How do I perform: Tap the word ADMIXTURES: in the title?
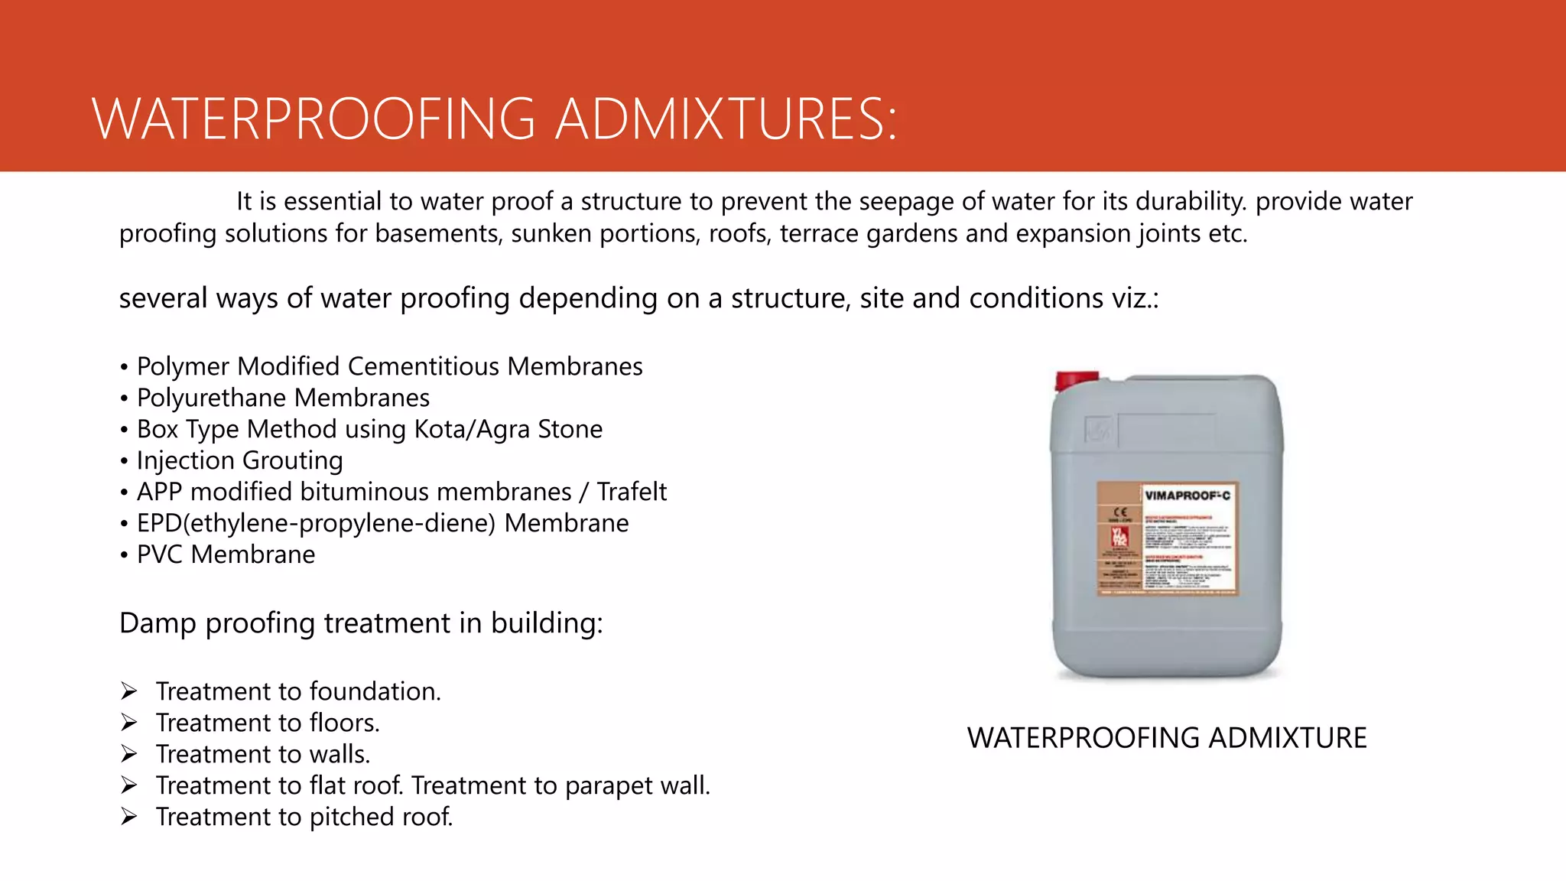tap(726, 119)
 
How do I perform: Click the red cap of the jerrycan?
tap(1076, 380)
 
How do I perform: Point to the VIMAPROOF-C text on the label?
tap(1187, 496)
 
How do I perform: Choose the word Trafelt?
tap(632, 492)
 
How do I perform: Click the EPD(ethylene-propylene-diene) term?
tap(316, 523)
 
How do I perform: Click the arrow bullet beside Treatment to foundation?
tap(128, 691)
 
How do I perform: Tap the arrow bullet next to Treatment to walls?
tap(128, 754)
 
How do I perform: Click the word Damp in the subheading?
tap(158, 623)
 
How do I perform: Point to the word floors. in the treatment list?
tap(344, 723)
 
